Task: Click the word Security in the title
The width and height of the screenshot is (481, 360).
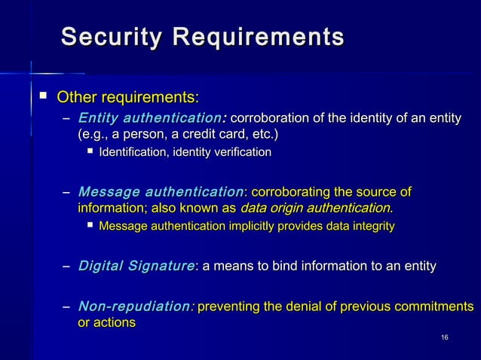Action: click(112, 37)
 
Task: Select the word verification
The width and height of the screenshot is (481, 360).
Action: click(242, 154)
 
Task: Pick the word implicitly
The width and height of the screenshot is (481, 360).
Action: click(249, 226)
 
